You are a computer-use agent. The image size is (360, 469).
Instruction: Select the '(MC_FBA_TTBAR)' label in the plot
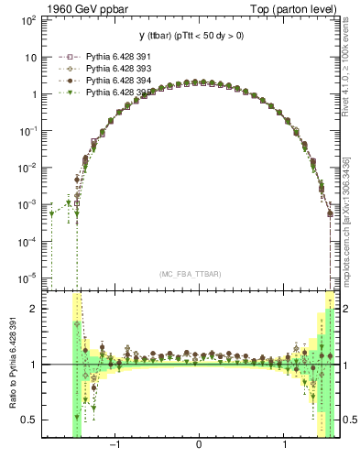coord(190,275)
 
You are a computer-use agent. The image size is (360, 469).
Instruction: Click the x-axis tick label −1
coord(115,445)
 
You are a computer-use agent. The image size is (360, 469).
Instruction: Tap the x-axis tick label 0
coord(199,445)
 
